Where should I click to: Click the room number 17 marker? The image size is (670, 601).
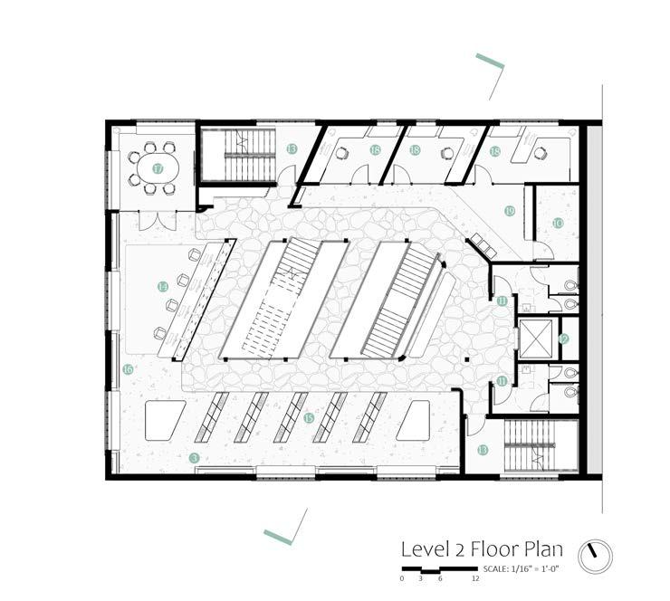point(158,168)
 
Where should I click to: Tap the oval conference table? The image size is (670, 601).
point(151,167)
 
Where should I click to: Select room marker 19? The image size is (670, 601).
point(510,211)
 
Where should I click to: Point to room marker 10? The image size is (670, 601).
point(558,222)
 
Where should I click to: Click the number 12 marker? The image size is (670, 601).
point(563,339)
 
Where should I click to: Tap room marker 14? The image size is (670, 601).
point(162,286)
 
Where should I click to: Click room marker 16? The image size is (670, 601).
point(128,368)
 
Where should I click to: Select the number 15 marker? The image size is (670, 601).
point(309,417)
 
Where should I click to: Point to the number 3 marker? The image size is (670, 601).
point(194,458)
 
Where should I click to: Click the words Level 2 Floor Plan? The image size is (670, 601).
point(483,549)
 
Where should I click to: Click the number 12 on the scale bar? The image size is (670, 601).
point(474,577)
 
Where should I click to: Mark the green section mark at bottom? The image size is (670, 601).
point(277,537)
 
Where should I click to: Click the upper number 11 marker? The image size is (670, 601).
point(502,300)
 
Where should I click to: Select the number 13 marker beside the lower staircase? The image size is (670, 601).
point(483,450)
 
